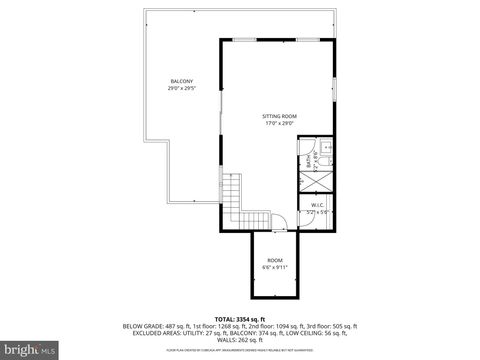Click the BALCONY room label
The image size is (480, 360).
[181, 81]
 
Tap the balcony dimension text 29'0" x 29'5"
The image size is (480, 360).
[181, 89]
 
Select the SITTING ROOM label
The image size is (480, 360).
[281, 116]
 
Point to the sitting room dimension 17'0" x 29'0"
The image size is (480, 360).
[281, 124]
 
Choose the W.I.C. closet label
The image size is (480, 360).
[317, 205]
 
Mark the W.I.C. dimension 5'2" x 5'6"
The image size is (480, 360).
[317, 212]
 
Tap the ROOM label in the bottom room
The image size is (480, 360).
[274, 260]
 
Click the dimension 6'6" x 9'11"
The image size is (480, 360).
[274, 267]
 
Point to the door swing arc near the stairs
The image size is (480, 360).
[281, 221]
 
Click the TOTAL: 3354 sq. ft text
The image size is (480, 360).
[240, 318]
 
